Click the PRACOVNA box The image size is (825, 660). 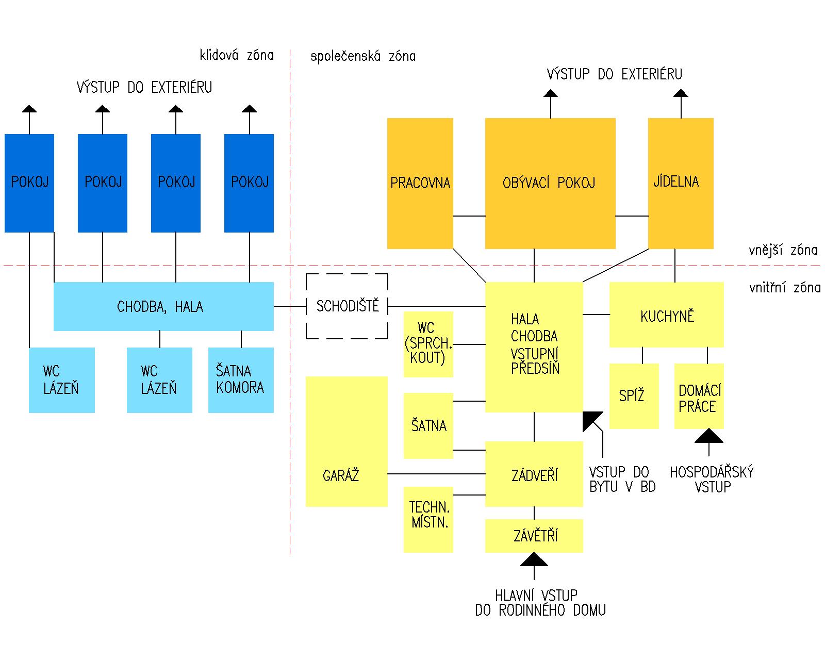(420, 183)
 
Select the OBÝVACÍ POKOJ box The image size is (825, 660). (550, 183)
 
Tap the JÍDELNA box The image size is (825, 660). (680, 183)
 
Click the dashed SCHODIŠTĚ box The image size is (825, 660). (346, 306)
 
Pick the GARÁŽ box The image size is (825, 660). (346, 441)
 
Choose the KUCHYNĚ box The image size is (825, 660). (666, 315)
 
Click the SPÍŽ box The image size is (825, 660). (634, 396)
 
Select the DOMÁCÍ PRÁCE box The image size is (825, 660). (699, 396)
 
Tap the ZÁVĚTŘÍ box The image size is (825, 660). (534, 536)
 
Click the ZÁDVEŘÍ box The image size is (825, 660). (534, 474)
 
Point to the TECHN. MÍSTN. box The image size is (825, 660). (428, 519)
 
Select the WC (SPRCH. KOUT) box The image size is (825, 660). (428, 344)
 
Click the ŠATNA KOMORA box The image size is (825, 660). (241, 380)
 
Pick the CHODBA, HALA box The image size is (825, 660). (163, 306)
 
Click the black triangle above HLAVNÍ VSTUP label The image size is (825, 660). (534, 559)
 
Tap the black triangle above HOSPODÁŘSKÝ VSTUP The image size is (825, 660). (708, 436)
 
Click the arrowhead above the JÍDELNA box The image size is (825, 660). (681, 93)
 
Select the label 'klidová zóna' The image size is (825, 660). (237, 55)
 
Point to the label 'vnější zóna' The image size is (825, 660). (783, 251)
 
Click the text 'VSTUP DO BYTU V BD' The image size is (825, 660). (622, 480)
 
